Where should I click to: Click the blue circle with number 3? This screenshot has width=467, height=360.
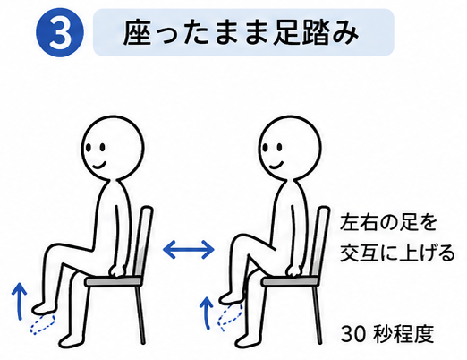click(60, 32)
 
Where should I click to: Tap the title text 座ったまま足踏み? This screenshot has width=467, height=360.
click(241, 32)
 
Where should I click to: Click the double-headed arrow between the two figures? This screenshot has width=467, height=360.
click(189, 249)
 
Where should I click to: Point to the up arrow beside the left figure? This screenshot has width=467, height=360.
click(20, 301)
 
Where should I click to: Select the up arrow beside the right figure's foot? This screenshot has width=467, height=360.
click(207, 313)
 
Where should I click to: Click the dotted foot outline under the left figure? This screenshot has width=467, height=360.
click(42, 323)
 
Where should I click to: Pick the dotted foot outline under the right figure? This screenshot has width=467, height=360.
click(230, 316)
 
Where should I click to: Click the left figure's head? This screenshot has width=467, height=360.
click(113, 148)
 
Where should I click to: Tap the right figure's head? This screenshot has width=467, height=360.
click(290, 148)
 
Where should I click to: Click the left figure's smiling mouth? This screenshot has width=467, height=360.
click(99, 165)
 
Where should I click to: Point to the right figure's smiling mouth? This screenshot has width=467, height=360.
click(276, 165)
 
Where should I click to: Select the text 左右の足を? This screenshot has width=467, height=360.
click(388, 223)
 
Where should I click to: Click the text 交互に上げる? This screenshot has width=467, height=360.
click(397, 253)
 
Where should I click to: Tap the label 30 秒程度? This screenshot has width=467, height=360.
click(387, 334)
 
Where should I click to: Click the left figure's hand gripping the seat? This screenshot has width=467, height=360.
click(117, 271)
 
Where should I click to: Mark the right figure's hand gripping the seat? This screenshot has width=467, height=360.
click(293, 271)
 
